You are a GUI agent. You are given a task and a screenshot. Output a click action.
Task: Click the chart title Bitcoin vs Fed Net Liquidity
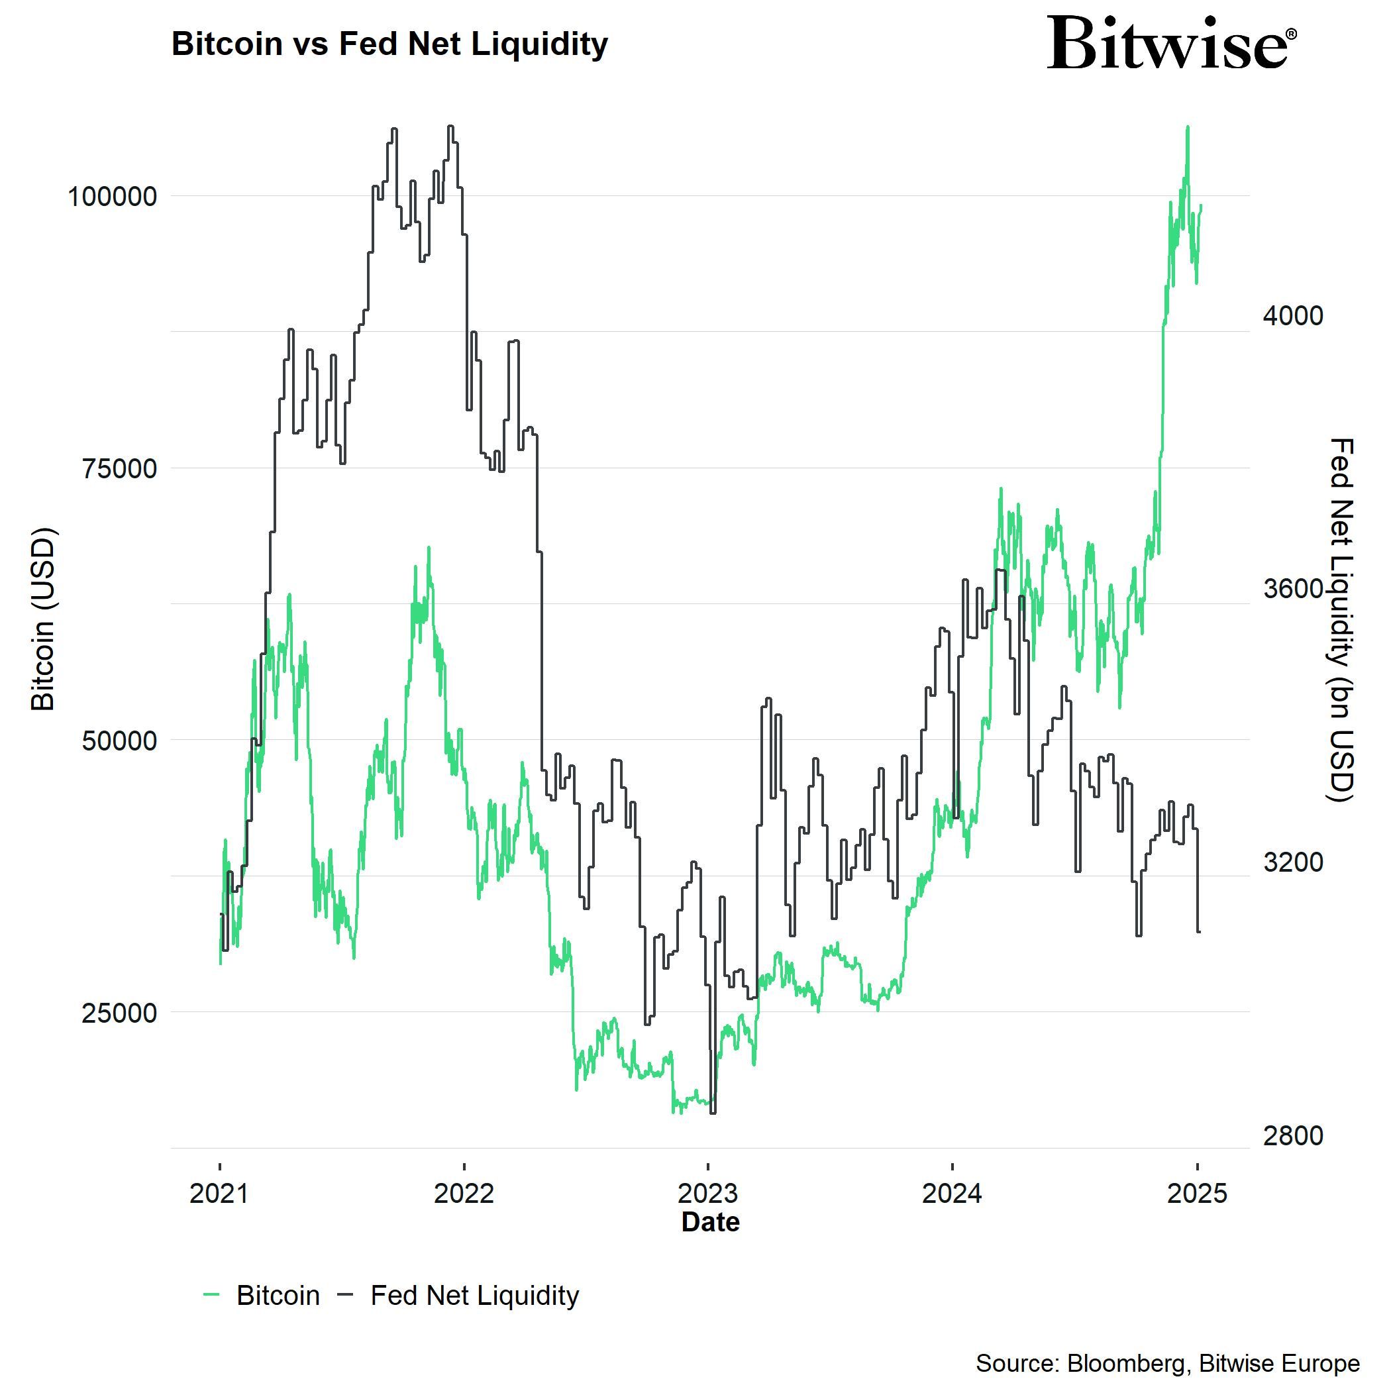389,44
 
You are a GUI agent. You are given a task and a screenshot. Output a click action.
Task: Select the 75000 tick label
119,469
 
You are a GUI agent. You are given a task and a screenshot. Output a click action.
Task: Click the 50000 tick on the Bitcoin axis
119,741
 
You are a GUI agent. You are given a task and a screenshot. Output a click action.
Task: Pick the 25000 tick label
119,1013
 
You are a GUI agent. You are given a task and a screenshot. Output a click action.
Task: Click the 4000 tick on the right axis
1293,315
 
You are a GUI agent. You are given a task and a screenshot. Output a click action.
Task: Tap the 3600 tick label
1293,589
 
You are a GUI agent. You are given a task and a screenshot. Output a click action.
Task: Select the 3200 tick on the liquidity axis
1293,862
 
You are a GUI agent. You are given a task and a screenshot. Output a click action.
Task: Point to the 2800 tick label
1293,1135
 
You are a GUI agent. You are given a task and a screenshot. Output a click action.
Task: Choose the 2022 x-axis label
464,1194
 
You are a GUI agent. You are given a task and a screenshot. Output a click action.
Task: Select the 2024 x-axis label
952,1194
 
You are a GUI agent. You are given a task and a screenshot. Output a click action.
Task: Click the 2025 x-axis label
1197,1194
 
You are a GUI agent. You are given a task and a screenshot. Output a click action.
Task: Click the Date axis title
710,1222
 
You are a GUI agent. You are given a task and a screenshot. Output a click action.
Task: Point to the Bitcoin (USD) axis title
43,619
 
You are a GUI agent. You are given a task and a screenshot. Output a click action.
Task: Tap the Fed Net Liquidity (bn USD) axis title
1341,619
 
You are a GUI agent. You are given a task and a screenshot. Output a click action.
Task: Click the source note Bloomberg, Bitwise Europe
1167,1363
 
